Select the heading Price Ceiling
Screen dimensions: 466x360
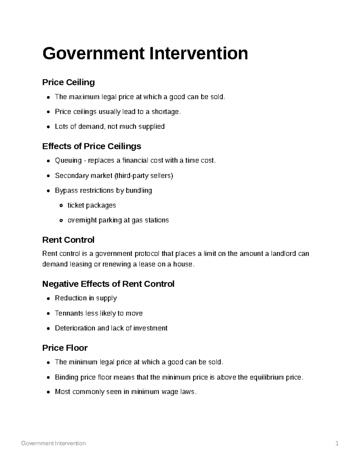68,82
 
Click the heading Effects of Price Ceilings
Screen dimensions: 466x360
91,146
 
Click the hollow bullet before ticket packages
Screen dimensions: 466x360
61,206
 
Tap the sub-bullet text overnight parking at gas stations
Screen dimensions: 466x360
118,220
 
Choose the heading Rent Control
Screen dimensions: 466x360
68,240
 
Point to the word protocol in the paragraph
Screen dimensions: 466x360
147,254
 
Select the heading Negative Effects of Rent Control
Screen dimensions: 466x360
108,284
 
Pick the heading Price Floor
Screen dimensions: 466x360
65,348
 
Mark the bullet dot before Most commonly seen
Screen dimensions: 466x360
49,392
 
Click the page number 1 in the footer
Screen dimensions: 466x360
337,443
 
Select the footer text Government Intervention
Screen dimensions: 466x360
54,443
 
